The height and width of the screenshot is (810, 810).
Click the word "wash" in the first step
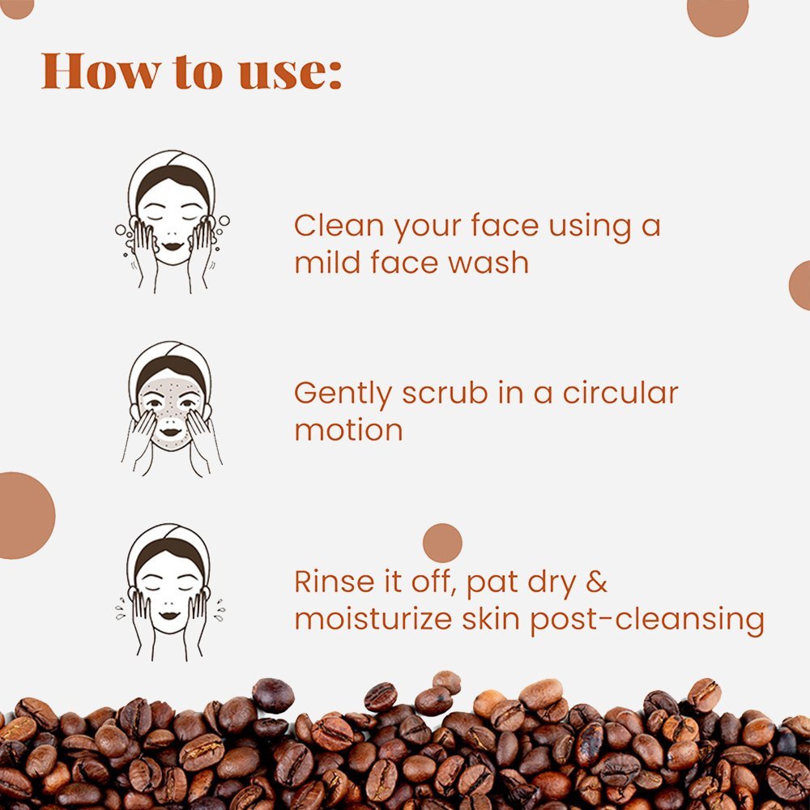pos(488,262)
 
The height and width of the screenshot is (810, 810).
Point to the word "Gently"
pos(343,394)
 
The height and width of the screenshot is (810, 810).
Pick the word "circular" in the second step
pos(620,393)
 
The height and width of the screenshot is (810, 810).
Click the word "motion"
pos(348,430)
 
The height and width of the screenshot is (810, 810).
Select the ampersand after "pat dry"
pos(597,582)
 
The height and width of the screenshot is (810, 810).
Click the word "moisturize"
pos(373,619)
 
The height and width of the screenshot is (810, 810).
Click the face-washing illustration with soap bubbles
pos(172,222)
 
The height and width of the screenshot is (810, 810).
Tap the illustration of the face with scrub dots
pos(172,408)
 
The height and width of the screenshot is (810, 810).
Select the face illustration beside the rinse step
pos(170,592)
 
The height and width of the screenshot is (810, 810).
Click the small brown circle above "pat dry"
pos(442,543)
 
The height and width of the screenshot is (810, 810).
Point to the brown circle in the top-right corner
pos(718,15)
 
